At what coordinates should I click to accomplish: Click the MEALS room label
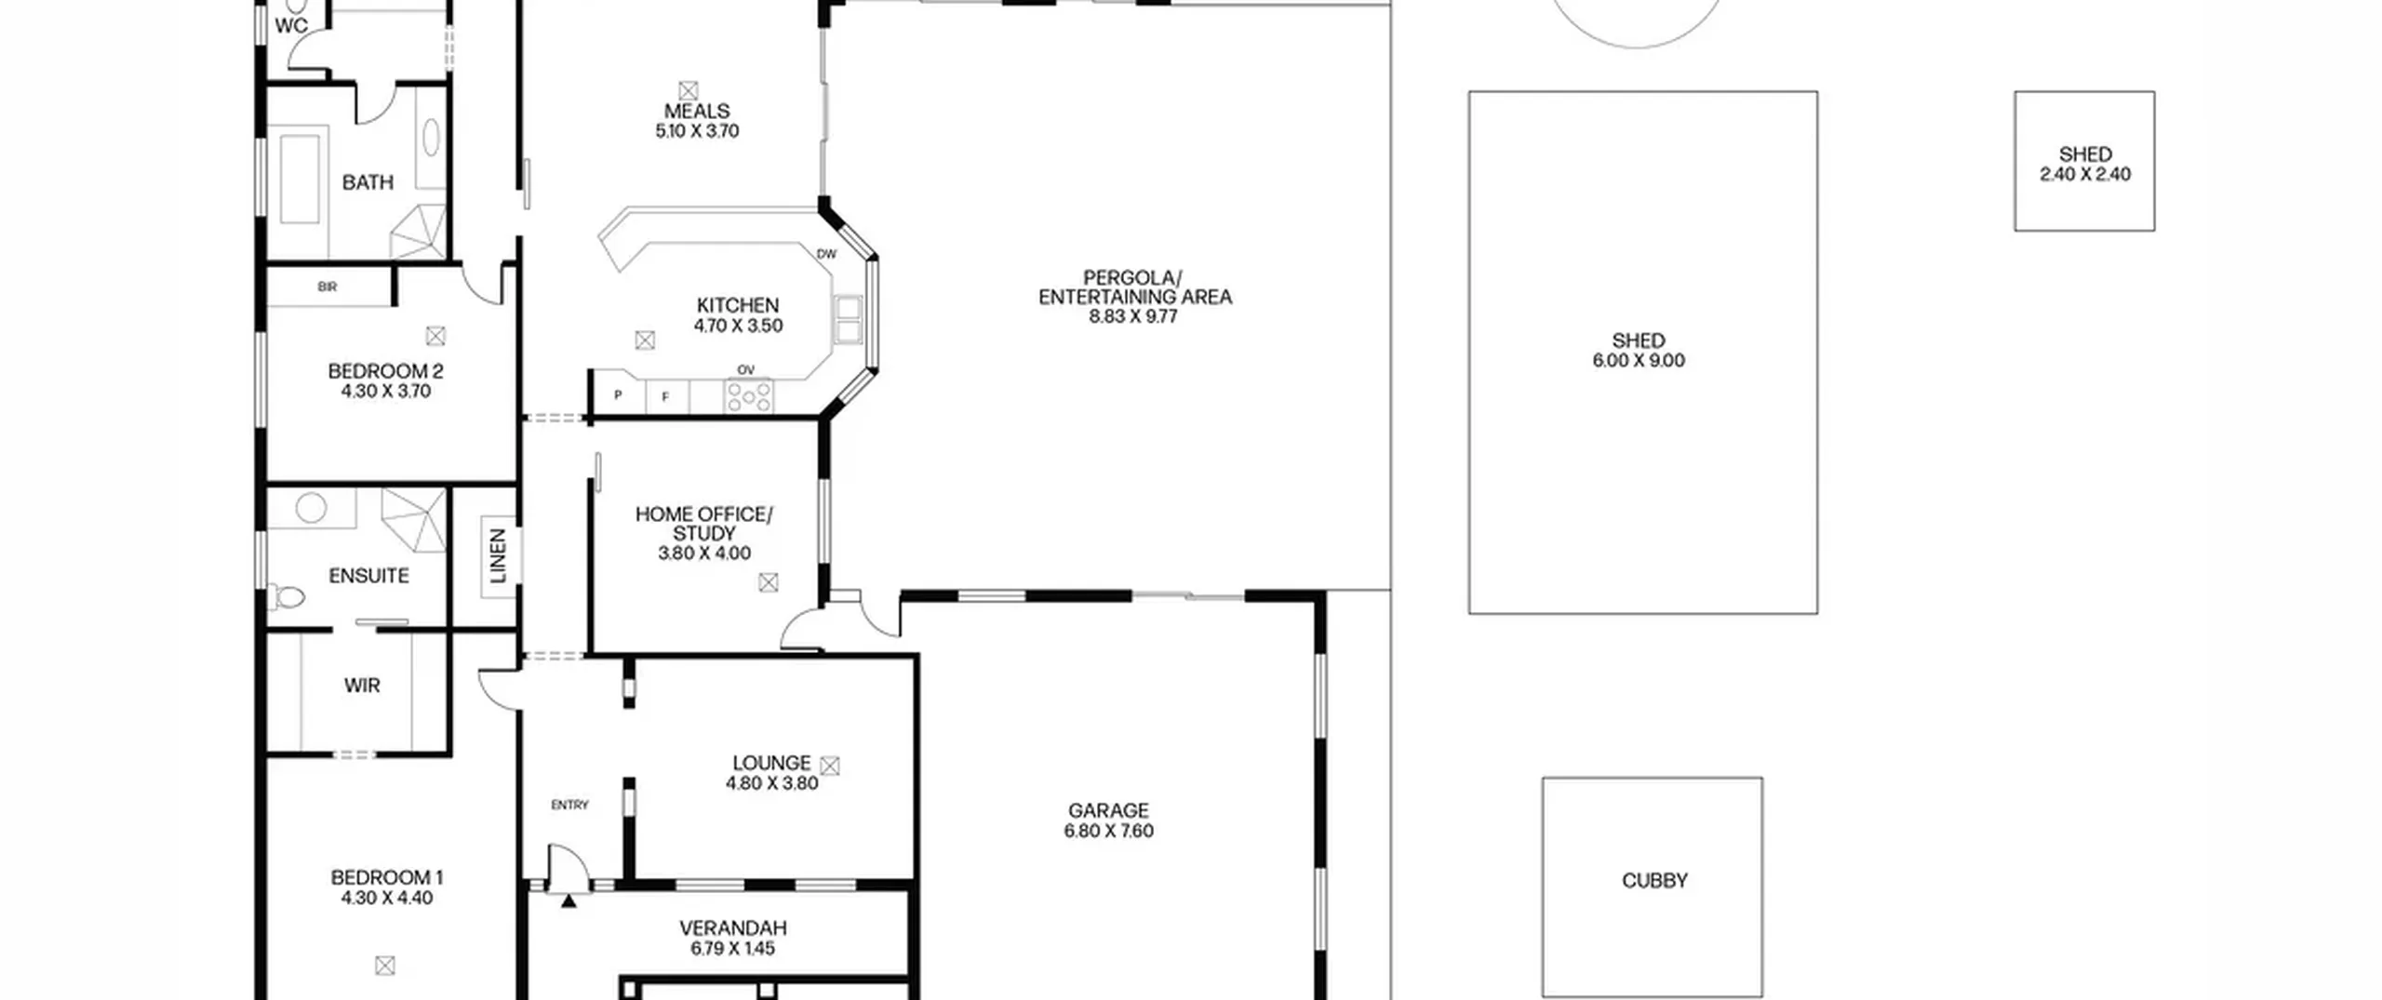click(697, 111)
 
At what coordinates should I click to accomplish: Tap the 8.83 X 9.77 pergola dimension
click(1133, 316)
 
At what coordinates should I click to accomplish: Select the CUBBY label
click(1654, 880)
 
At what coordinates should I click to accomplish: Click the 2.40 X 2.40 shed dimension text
click(2085, 174)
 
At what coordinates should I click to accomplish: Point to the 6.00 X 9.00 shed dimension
click(1639, 361)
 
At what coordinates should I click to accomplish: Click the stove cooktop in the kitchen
click(749, 395)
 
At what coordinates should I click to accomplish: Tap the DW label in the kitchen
click(826, 254)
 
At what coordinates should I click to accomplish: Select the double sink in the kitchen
click(848, 319)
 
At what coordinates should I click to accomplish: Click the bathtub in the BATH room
click(300, 180)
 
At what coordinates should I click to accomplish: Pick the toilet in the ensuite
click(288, 595)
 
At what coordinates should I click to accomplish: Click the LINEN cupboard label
click(498, 555)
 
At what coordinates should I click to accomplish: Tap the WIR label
click(362, 686)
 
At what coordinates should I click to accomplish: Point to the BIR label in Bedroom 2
click(327, 287)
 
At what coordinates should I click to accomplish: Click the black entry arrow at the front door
click(569, 900)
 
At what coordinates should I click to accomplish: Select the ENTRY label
click(569, 805)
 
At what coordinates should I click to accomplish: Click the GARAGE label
click(1108, 810)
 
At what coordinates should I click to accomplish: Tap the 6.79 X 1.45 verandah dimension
click(732, 948)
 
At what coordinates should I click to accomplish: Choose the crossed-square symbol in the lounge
click(830, 766)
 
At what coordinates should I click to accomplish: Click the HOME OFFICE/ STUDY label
click(703, 524)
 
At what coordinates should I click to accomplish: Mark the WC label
click(291, 26)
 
